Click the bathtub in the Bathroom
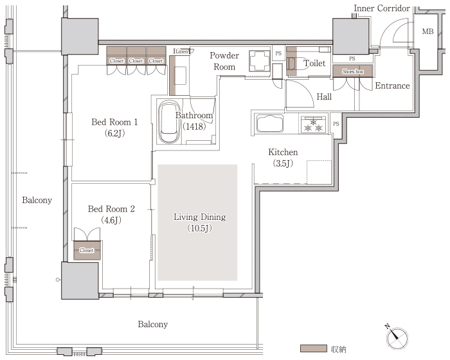pyautogui.click(x=169, y=122)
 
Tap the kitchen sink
pyautogui.click(x=270, y=123)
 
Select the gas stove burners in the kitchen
pyautogui.click(x=314, y=125)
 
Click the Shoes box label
pyautogui.click(x=353, y=71)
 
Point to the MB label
pyautogui.click(x=428, y=32)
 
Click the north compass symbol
pyautogui.click(x=397, y=337)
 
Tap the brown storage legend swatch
pyautogui.click(x=314, y=348)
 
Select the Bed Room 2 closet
pyautogui.click(x=87, y=250)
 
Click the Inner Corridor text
pyautogui.click(x=382, y=8)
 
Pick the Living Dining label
pyautogui.click(x=200, y=222)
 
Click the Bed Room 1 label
pyautogui.click(x=114, y=127)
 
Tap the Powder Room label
pyautogui.click(x=224, y=61)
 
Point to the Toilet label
pyautogui.click(x=314, y=63)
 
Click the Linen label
pyautogui.click(x=181, y=51)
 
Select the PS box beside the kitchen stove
pyautogui.click(x=336, y=123)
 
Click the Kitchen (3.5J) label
pyautogui.click(x=283, y=157)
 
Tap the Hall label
pyautogui.click(x=324, y=96)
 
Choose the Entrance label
pyautogui.click(x=392, y=85)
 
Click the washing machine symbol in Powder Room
pyautogui.click(x=260, y=60)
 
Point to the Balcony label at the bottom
pyautogui.click(x=153, y=324)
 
